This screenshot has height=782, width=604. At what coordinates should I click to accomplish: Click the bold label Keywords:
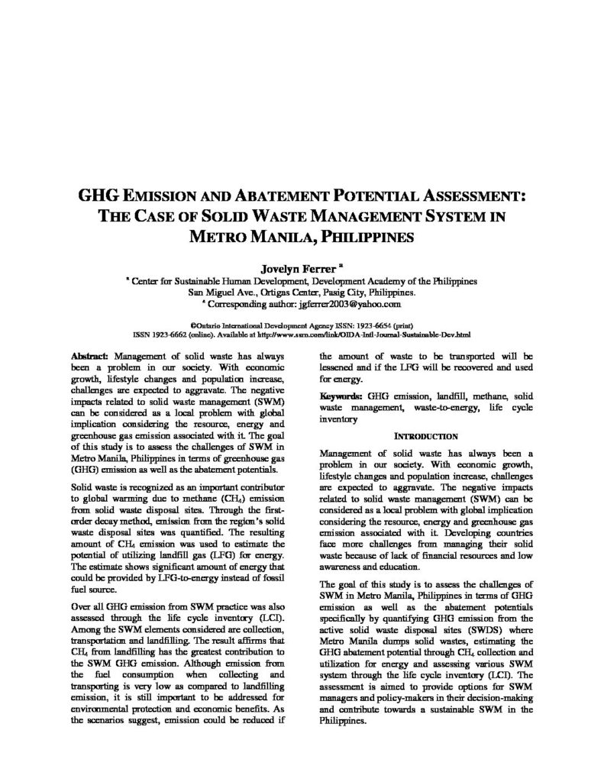pos(341,397)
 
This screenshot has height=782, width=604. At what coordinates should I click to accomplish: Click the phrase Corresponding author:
pos(252,303)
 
